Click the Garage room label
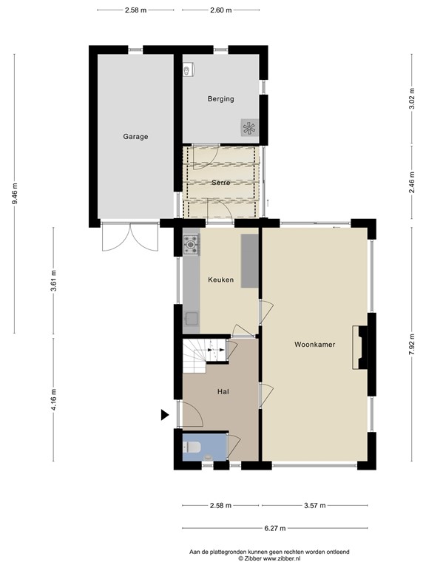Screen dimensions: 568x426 [135, 136]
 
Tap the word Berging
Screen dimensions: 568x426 [220, 98]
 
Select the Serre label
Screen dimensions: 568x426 [220, 182]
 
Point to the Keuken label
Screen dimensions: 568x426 [220, 280]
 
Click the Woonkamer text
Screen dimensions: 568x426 [314, 344]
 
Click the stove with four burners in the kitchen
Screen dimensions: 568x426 [192, 242]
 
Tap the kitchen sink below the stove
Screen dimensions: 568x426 [192, 320]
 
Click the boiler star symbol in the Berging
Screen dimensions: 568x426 [248, 126]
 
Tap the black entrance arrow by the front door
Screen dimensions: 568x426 [165, 416]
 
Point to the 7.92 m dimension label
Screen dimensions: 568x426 [411, 345]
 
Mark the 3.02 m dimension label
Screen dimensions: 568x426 [411, 100]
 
